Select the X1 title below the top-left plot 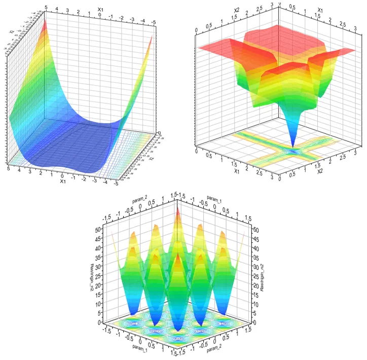tap(62, 181)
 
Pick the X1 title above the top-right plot tap(320, 9)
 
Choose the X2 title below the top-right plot tap(320, 171)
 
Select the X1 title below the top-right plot tap(237, 171)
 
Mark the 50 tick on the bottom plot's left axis tap(98, 230)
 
